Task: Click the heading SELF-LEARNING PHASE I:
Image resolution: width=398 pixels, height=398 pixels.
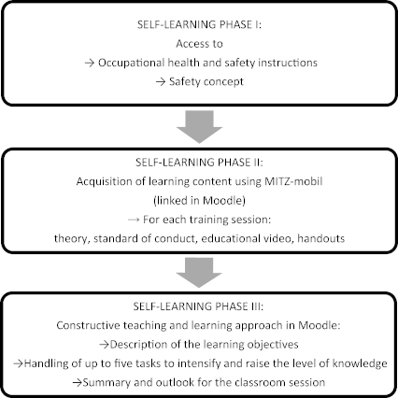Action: click(199, 24)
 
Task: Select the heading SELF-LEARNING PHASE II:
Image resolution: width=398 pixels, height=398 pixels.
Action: click(199, 163)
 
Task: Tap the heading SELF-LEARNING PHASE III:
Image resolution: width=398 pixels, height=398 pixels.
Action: click(198, 306)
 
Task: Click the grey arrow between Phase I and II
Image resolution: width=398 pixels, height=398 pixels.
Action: click(199, 127)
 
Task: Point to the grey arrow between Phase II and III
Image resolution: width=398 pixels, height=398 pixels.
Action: click(199, 273)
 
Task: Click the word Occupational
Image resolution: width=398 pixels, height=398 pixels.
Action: click(132, 63)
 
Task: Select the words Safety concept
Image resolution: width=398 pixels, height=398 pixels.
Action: click(206, 81)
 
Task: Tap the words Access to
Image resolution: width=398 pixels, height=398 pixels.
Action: click(199, 44)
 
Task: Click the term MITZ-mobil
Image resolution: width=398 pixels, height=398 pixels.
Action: click(293, 181)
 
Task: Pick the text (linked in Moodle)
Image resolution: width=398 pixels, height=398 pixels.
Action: click(199, 200)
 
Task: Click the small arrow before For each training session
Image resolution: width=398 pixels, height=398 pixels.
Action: click(134, 220)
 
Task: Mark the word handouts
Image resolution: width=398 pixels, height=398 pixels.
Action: click(321, 238)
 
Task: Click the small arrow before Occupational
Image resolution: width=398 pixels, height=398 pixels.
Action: click(90, 64)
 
